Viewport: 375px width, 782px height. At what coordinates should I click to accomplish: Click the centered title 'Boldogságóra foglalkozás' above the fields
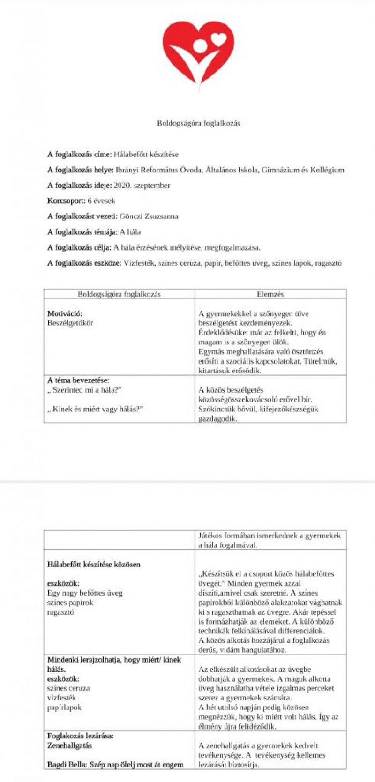[x=198, y=123]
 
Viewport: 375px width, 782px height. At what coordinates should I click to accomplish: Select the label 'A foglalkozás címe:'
[x=79, y=154]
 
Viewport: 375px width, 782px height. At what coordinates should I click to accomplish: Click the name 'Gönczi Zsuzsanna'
[x=149, y=216]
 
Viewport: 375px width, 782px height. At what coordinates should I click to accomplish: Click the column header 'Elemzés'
[x=270, y=294]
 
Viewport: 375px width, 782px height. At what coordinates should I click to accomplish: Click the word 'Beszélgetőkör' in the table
[x=70, y=323]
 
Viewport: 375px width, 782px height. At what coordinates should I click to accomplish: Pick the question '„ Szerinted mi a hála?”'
[x=84, y=390]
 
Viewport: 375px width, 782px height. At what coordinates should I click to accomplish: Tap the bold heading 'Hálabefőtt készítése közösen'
[x=94, y=565]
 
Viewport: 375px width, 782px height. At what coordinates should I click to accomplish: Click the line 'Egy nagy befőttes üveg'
[x=85, y=593]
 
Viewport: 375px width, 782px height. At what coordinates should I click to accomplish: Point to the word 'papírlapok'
[x=64, y=707]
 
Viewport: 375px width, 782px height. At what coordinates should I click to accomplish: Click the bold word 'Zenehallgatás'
[x=70, y=745]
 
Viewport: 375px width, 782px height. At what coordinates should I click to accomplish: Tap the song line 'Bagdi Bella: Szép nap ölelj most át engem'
[x=115, y=765]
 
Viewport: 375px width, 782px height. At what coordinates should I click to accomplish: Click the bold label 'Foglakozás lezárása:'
[x=80, y=736]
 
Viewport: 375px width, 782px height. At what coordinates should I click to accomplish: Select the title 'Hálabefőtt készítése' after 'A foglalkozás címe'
[x=146, y=154]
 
